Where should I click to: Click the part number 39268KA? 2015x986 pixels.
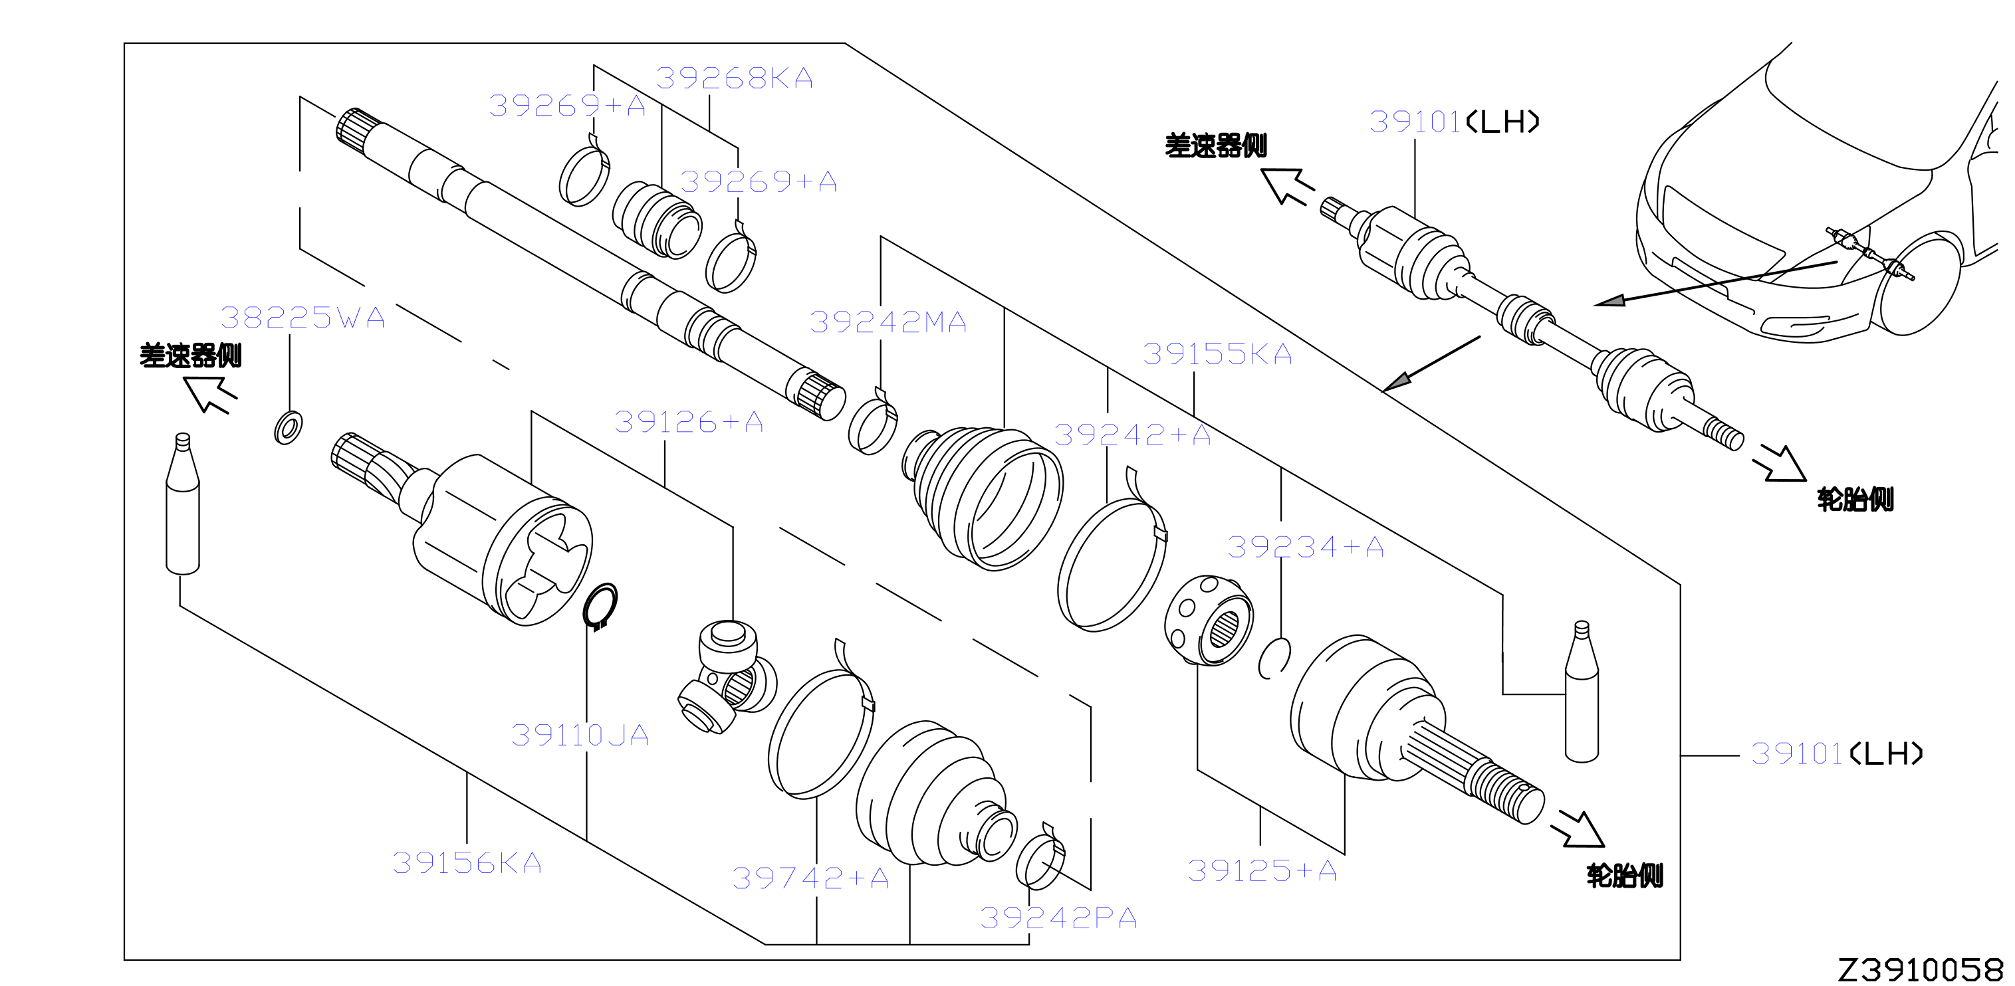(x=735, y=78)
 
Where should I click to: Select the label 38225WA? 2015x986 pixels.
(x=302, y=318)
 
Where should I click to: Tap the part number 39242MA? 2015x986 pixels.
(x=889, y=322)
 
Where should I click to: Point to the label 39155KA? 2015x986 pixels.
(x=1217, y=354)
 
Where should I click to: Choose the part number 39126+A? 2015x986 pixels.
(x=688, y=422)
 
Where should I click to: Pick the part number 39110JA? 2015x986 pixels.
(x=580, y=735)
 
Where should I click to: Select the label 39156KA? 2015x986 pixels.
(x=467, y=863)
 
